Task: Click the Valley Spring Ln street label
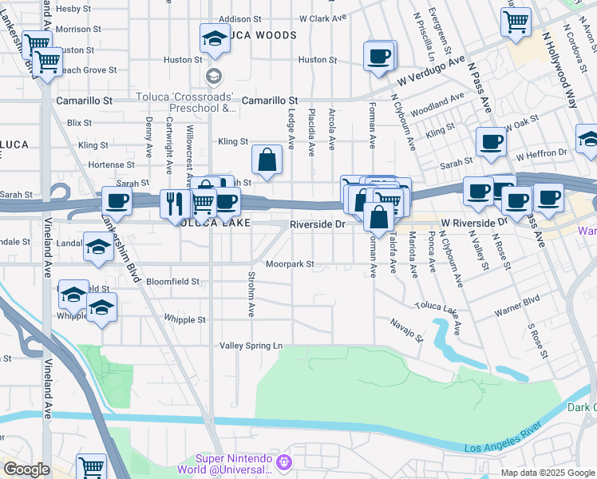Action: (251, 346)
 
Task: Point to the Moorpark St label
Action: (290, 263)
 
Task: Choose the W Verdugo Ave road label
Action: (432, 73)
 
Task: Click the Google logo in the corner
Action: (26, 469)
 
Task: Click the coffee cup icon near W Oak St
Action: (491, 141)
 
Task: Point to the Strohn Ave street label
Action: (251, 296)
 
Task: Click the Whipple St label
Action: (184, 319)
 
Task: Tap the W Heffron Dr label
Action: (541, 152)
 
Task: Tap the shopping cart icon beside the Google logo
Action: (92, 466)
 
